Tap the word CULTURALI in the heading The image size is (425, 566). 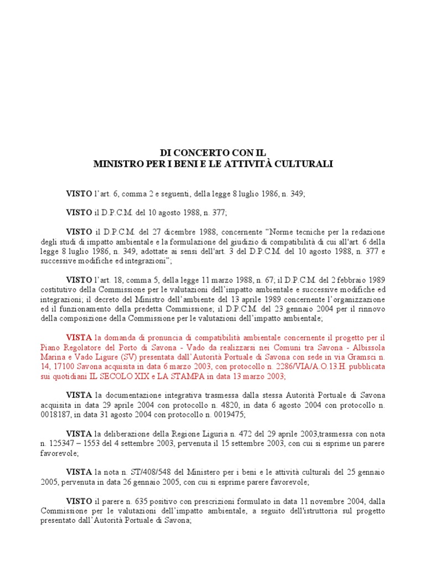pyautogui.click(x=304, y=164)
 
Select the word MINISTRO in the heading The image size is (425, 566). pyautogui.click(x=116, y=164)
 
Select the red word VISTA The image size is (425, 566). pyautogui.click(x=79, y=337)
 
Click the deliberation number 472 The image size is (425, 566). pyautogui.click(x=243, y=434)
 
